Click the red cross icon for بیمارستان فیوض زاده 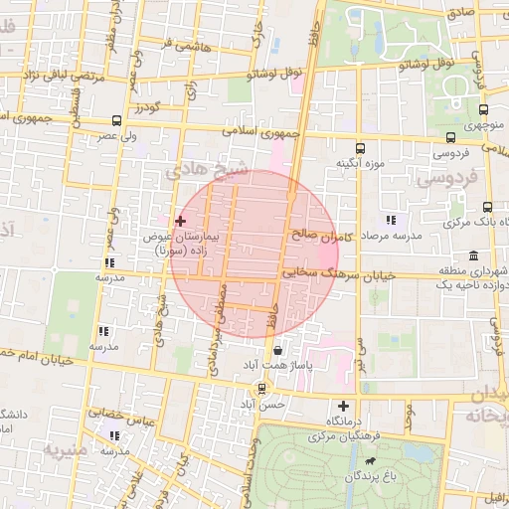pyautogui.click(x=180, y=220)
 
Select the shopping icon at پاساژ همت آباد pyautogui.click(x=276, y=350)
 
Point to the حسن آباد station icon pyautogui.click(x=261, y=388)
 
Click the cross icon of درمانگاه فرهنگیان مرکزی pyautogui.click(x=344, y=406)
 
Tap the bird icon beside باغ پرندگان pyautogui.click(x=371, y=461)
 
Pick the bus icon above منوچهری pyautogui.click(x=483, y=110)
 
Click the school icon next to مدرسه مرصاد pyautogui.click(x=390, y=220)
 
